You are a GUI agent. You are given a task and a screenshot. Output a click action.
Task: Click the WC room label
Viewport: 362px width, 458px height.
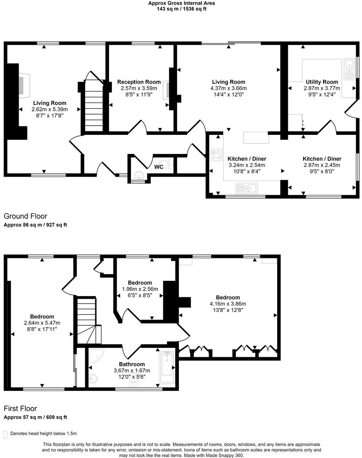click(158, 167)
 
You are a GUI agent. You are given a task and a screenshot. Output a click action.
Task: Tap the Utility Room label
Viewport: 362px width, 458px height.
click(322, 82)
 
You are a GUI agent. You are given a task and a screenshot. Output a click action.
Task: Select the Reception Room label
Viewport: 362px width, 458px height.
click(139, 82)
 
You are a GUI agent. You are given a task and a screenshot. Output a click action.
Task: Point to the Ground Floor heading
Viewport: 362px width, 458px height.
click(25, 216)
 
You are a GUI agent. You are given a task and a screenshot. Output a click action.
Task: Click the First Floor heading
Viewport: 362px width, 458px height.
click(20, 408)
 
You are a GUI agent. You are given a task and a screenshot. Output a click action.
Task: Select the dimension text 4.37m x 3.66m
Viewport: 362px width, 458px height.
click(228, 88)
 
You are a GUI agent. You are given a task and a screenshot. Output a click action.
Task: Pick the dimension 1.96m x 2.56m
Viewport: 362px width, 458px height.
click(140, 289)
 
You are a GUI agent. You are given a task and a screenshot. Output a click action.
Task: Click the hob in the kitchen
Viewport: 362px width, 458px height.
click(216, 155)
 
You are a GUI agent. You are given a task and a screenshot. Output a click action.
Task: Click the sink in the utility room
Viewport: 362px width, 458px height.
click(348, 67)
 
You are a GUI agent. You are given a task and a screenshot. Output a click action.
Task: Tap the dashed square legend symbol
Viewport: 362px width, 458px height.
click(5, 433)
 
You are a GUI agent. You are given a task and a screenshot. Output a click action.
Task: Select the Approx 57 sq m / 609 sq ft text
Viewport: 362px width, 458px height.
click(35, 417)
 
